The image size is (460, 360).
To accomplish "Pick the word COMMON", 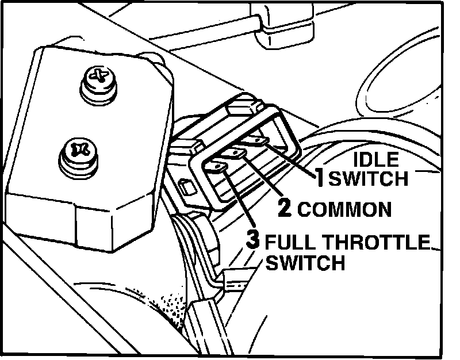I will [x=344, y=209].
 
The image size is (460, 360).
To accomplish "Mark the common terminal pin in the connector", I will [x=235, y=153].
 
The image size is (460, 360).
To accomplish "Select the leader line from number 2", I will [x=262, y=178].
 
